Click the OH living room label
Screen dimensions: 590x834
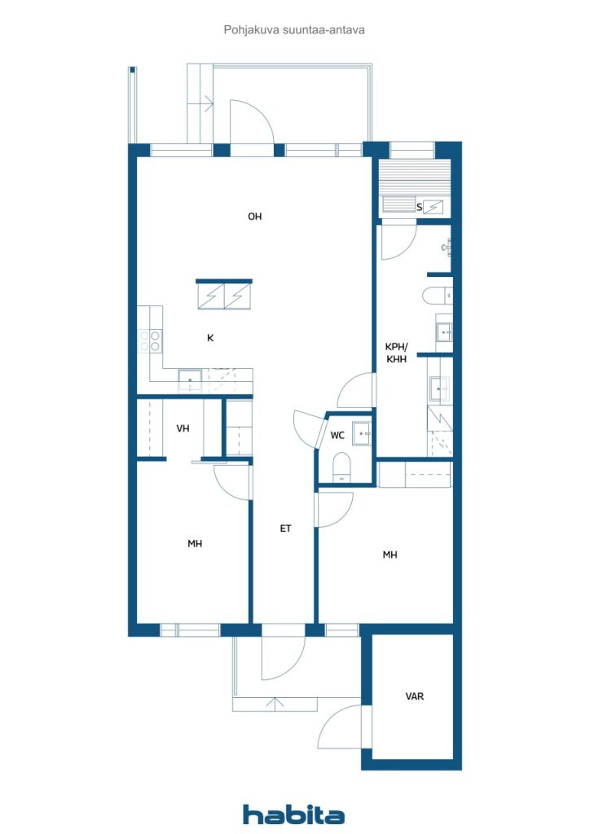tap(255, 217)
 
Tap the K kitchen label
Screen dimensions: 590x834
tap(211, 338)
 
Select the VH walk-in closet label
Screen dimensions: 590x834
tap(183, 428)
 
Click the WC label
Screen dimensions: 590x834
tap(337, 436)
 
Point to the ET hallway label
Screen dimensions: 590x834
tap(286, 528)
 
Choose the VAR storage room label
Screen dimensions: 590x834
tap(415, 696)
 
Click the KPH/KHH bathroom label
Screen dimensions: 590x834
tap(396, 353)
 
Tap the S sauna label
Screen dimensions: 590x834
tap(419, 208)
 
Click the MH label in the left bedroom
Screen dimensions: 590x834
tap(195, 543)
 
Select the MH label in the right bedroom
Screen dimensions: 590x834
tap(390, 555)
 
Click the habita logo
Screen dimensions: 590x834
tap(293, 814)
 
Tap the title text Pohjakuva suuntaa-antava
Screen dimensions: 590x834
tap(294, 30)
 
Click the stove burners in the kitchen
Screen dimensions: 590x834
tap(149, 341)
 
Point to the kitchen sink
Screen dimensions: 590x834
tap(190, 380)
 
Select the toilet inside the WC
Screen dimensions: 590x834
tap(341, 466)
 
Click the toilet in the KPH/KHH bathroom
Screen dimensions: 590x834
tap(438, 296)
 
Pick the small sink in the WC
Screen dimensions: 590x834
tap(362, 433)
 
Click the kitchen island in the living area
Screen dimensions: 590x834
tap(224, 294)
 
